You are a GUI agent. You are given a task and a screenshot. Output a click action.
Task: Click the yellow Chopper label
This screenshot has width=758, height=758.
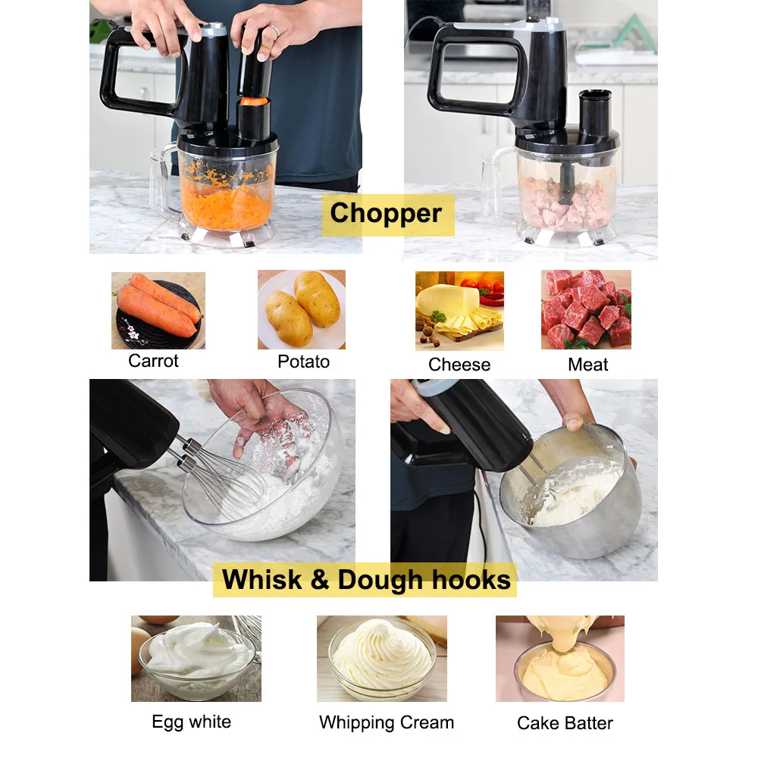pyautogui.click(x=386, y=214)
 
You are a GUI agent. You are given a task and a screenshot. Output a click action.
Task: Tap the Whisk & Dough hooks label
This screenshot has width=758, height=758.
pyautogui.click(x=367, y=580)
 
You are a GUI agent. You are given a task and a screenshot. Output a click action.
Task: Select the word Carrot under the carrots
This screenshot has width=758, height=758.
pyautogui.click(x=153, y=361)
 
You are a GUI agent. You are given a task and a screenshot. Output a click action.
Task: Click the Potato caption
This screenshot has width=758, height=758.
pyautogui.click(x=303, y=362)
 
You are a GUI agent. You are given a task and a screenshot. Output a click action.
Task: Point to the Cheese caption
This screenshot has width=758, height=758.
pyautogui.click(x=459, y=365)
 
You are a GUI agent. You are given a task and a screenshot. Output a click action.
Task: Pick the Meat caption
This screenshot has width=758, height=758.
pyautogui.click(x=588, y=365)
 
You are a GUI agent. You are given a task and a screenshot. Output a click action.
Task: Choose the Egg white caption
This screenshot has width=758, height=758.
pyautogui.click(x=191, y=721)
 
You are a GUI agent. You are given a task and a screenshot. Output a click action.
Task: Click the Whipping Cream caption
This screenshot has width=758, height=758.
pyautogui.click(x=387, y=722)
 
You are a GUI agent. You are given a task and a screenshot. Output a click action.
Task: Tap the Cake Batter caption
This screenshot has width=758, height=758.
pyautogui.click(x=565, y=723)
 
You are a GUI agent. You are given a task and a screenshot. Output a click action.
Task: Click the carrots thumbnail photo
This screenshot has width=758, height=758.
pyautogui.click(x=158, y=310)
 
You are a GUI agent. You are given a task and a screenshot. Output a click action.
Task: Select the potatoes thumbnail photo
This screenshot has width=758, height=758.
pyautogui.click(x=302, y=309)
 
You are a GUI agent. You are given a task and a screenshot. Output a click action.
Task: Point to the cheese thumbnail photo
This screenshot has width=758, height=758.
pyautogui.click(x=459, y=311)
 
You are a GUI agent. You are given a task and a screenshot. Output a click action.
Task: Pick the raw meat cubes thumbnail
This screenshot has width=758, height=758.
pyautogui.click(x=586, y=309)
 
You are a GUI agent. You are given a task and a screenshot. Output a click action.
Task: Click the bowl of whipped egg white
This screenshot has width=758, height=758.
pyautogui.click(x=196, y=657)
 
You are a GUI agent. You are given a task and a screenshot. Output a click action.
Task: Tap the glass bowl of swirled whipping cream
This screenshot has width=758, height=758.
pyautogui.click(x=382, y=657)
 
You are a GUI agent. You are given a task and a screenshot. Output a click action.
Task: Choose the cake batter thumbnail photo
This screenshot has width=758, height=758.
pyautogui.click(x=560, y=658)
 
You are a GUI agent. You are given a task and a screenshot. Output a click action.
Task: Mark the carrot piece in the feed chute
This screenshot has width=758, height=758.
pyautogui.click(x=255, y=100)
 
